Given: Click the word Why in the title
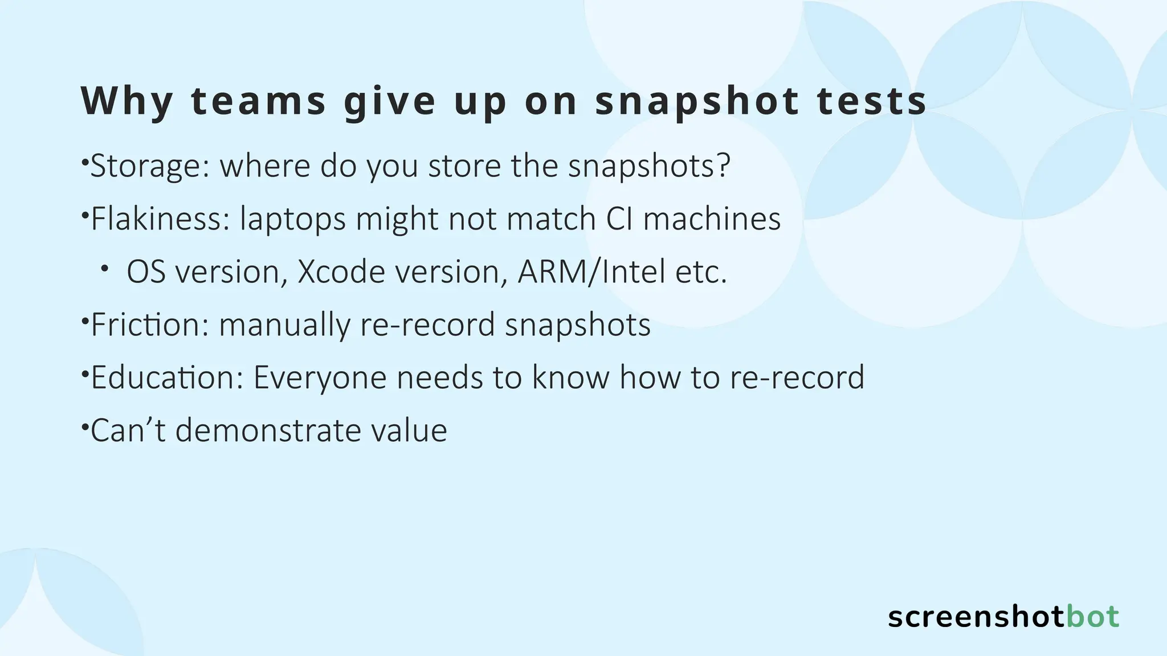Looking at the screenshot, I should point(127,101).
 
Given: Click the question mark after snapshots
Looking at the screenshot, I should point(723,165).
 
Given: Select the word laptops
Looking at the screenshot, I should point(292,220).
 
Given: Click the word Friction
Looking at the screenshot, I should point(149,325).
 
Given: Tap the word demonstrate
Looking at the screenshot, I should point(267,430).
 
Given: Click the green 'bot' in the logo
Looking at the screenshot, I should point(1092,617).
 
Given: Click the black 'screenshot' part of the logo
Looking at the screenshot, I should point(976,617).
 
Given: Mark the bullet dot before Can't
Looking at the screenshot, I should point(84,425).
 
